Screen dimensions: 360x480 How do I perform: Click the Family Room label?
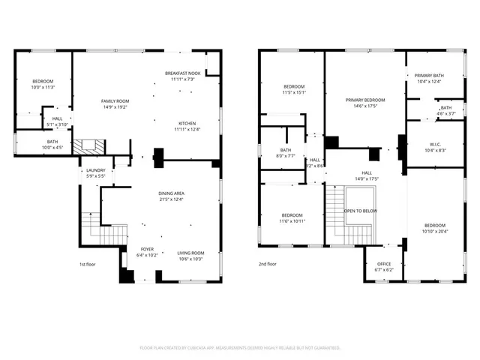[115, 101]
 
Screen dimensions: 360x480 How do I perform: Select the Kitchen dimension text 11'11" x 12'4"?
[187, 130]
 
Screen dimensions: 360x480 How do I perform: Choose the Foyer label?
[147, 248]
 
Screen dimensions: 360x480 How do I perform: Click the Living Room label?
[190, 253]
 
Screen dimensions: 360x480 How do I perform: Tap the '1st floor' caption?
[88, 265]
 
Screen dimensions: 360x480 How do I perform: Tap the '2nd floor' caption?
[268, 265]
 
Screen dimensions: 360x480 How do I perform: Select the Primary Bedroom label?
[365, 100]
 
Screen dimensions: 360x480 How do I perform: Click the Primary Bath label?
[428, 76]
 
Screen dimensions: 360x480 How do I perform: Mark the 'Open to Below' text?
[360, 211]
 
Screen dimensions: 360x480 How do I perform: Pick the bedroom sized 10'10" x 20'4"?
[434, 226]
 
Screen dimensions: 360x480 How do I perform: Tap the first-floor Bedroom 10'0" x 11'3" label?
[43, 81]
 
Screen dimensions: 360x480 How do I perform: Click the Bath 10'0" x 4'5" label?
[52, 142]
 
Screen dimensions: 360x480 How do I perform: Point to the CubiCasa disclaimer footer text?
[240, 348]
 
